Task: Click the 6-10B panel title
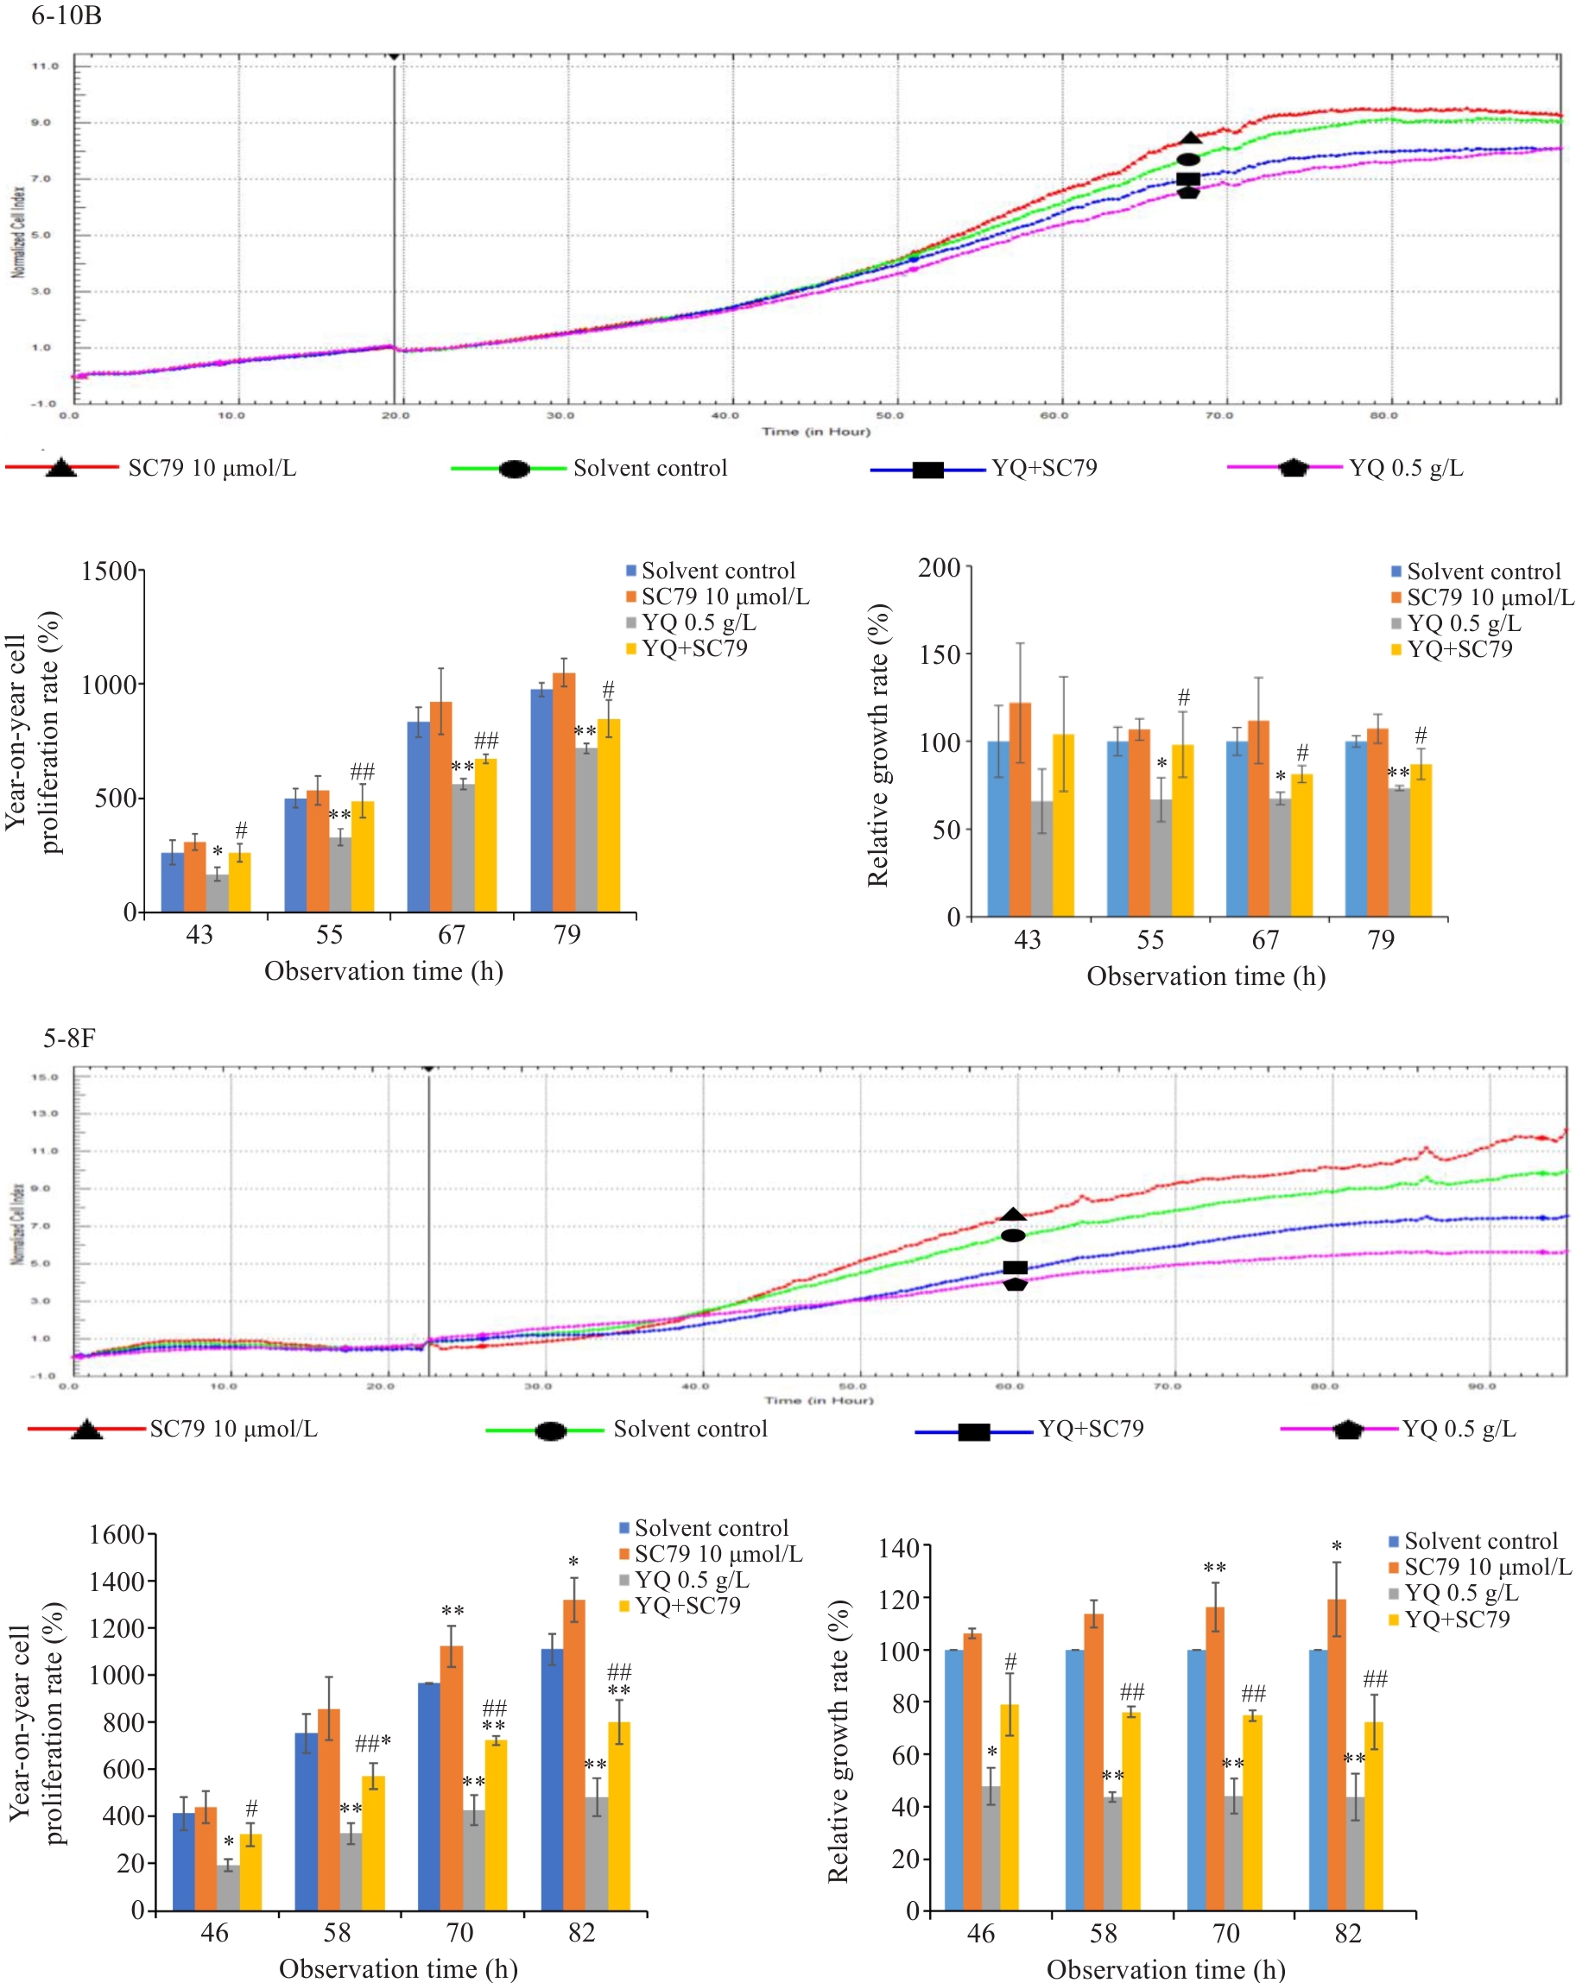click(66, 16)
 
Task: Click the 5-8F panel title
click(69, 1039)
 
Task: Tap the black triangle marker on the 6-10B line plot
click(1190, 138)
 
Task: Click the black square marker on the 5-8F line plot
click(1015, 1267)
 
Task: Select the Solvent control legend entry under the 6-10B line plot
click(649, 468)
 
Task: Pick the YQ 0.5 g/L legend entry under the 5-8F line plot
click(1459, 1429)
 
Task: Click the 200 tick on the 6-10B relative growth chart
click(940, 567)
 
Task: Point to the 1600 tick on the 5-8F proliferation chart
click(117, 1534)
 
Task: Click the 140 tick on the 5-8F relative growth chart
click(899, 1548)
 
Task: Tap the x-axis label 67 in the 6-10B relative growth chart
click(1265, 939)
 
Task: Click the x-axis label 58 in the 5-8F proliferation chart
click(337, 1931)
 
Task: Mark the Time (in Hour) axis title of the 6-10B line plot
click(815, 432)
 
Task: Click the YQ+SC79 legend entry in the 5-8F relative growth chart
click(1458, 1619)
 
